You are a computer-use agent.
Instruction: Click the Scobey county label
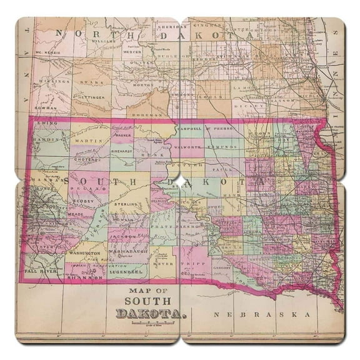[82, 201]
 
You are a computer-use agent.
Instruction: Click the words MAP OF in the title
[149, 291]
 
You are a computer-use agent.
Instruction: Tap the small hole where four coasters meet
[180, 180]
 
